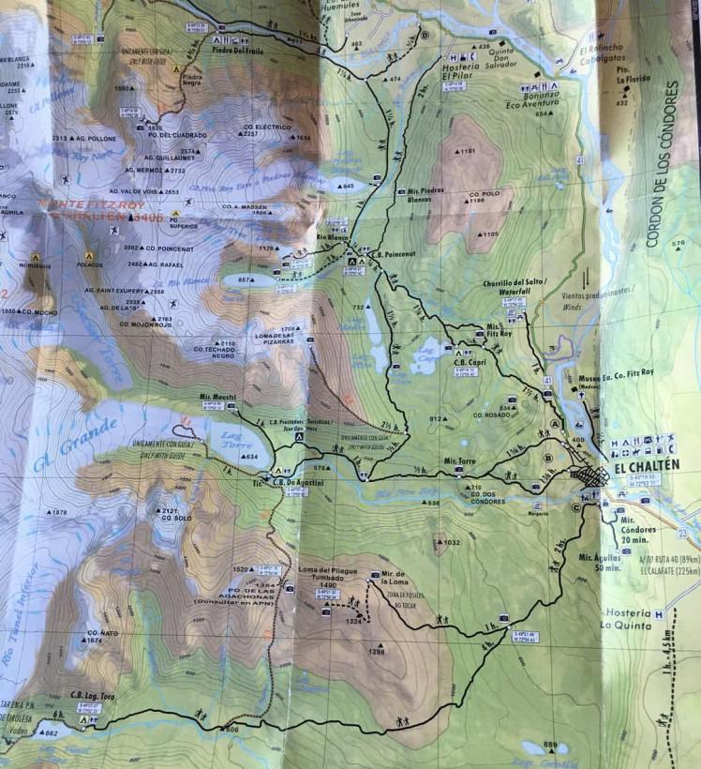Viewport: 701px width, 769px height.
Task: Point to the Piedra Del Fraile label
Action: point(235,52)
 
